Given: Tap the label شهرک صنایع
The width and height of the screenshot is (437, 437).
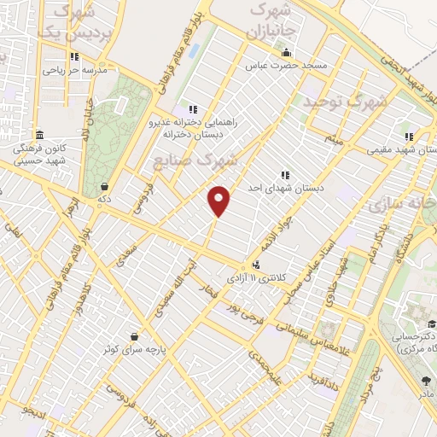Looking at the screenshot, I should pyautogui.click(x=195, y=160).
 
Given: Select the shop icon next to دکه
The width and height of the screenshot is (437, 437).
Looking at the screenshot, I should pyautogui.click(x=104, y=186).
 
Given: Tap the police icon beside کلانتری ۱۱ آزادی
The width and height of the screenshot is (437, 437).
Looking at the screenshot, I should pyautogui.click(x=257, y=265).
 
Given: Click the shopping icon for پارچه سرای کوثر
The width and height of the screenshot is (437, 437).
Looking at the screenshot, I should pyautogui.click(x=134, y=336).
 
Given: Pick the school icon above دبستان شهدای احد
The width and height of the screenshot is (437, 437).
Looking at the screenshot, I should pyautogui.click(x=284, y=174).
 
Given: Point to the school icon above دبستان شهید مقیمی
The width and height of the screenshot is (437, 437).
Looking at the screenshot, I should pyautogui.click(x=410, y=136).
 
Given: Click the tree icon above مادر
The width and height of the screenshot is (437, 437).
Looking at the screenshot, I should pyautogui.click(x=427, y=380).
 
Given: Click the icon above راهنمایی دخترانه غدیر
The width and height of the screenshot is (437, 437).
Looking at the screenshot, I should pyautogui.click(x=192, y=109).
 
